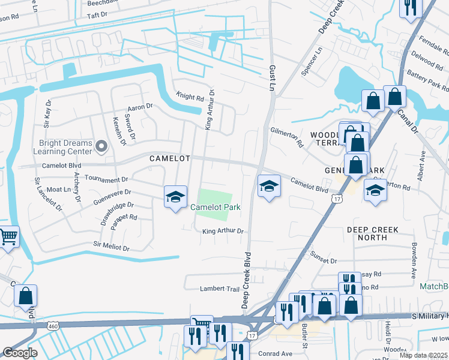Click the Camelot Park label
(215, 207)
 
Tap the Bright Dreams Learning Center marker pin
(101, 146)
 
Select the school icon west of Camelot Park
(175, 197)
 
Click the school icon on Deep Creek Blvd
(269, 187)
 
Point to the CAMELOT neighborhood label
(170, 158)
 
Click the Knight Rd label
(190, 96)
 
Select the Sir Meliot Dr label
(112, 245)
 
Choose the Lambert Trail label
(220, 289)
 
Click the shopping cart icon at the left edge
(8, 237)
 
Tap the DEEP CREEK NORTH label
(375, 233)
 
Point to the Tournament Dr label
(107, 179)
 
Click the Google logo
(20, 353)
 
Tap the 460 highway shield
(54, 325)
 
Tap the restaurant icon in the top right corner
(411, 7)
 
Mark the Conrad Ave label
(275, 353)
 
